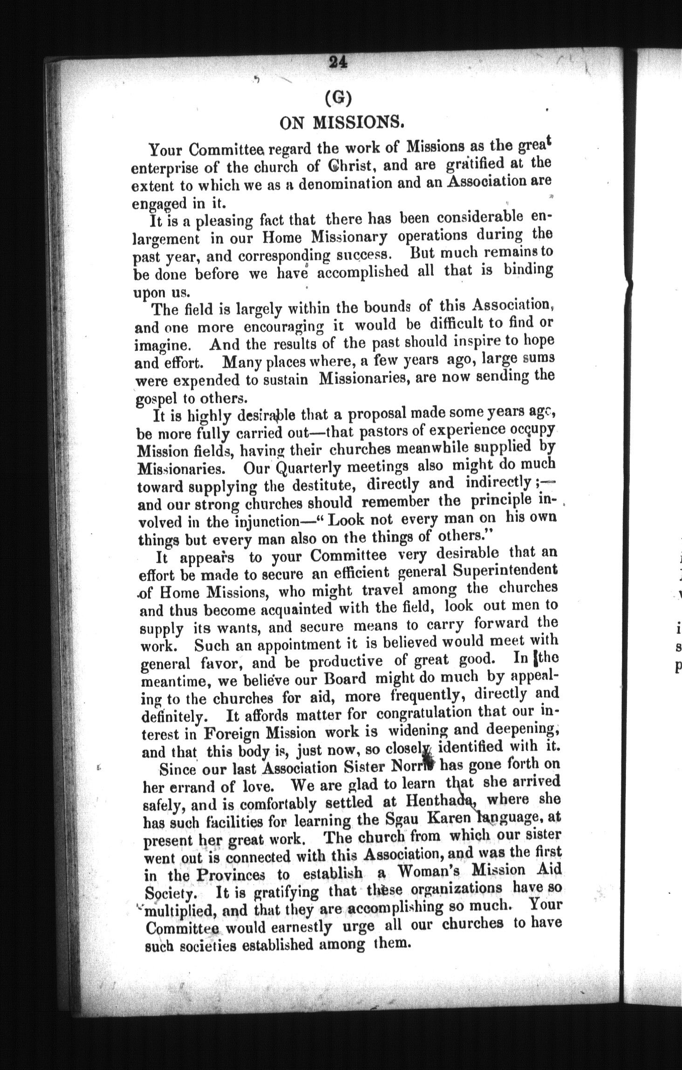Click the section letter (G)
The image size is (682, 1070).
[x=337, y=98]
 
